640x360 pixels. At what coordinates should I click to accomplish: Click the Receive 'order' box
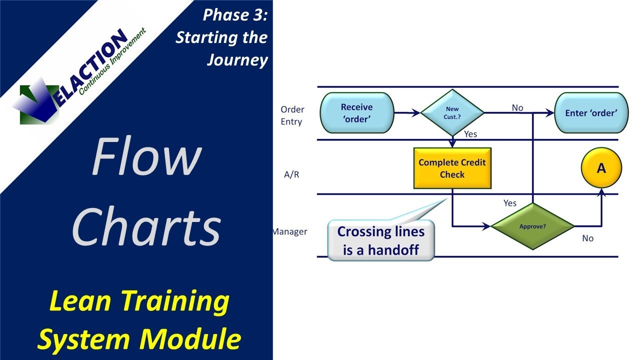click(x=356, y=113)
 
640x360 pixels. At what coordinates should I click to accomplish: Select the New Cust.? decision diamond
click(x=452, y=113)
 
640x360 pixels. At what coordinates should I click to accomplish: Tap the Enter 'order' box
click(x=590, y=113)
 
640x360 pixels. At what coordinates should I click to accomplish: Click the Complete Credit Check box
click(x=452, y=168)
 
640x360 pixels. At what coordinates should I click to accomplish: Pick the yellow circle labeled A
click(x=601, y=168)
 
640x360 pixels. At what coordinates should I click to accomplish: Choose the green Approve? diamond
click(x=532, y=226)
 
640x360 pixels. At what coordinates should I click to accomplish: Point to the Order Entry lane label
click(x=292, y=115)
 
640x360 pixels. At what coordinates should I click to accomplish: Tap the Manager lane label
click(x=290, y=231)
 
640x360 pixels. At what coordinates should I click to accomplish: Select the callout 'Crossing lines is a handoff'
click(x=380, y=240)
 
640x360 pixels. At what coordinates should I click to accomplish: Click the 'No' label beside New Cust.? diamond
click(x=517, y=107)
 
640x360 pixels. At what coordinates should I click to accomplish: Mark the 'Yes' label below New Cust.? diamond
click(x=470, y=134)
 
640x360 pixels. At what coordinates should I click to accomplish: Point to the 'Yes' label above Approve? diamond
click(x=510, y=203)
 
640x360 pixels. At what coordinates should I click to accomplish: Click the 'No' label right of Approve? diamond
click(x=587, y=238)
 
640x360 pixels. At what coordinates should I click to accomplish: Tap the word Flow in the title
click(x=146, y=157)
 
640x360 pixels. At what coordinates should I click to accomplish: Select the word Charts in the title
click(x=146, y=226)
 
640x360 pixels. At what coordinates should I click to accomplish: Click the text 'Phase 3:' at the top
click(x=235, y=15)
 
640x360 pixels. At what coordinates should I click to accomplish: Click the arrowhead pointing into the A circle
click(x=601, y=192)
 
